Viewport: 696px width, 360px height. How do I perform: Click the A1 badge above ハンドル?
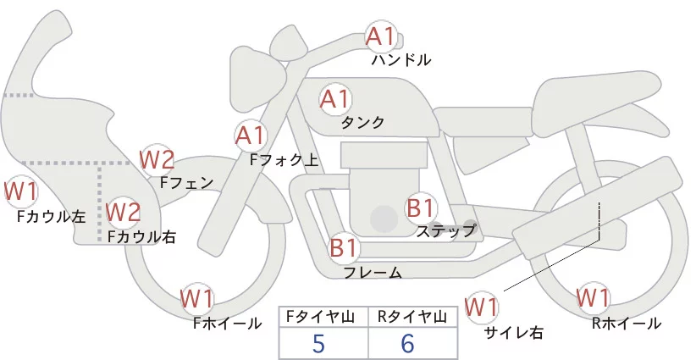click(380, 36)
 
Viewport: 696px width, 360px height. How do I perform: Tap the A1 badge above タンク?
click(334, 99)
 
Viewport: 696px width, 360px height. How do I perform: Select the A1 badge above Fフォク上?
click(251, 135)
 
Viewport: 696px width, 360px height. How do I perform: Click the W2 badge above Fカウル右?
click(123, 210)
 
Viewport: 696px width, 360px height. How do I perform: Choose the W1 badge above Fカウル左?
click(21, 191)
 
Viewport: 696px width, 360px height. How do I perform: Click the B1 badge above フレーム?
click(345, 248)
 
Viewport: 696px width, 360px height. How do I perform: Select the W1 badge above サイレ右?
click(483, 305)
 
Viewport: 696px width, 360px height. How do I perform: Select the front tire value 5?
click(318, 343)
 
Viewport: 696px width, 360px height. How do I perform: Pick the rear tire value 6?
click(408, 343)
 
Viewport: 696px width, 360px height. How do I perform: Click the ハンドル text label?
click(401, 60)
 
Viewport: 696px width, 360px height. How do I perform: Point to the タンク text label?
click(362, 123)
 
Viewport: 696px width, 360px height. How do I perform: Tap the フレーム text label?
click(373, 273)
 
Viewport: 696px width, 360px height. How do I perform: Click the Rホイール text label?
click(627, 323)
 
